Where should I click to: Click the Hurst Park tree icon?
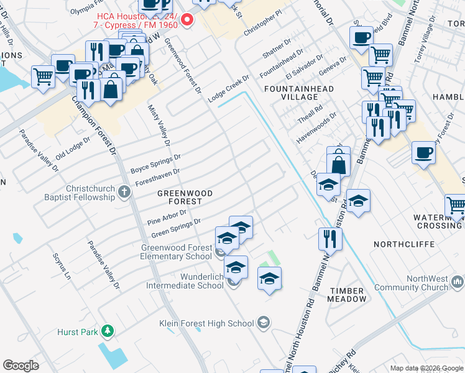click(x=108, y=331)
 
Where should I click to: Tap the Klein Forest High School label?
click(x=206, y=323)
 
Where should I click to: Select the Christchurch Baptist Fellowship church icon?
click(x=124, y=193)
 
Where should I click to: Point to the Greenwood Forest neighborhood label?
click(x=185, y=197)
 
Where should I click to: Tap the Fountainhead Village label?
click(x=298, y=93)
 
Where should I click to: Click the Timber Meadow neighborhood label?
click(x=348, y=294)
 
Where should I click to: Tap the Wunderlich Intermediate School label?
click(x=184, y=281)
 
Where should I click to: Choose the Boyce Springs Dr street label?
click(x=155, y=164)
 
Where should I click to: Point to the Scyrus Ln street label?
click(x=63, y=265)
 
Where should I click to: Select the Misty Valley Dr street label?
click(x=159, y=125)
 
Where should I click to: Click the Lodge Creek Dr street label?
click(x=228, y=88)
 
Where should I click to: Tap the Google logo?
click(x=21, y=366)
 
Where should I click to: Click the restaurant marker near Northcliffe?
click(x=330, y=239)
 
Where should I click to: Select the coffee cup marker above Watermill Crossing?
click(x=423, y=153)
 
